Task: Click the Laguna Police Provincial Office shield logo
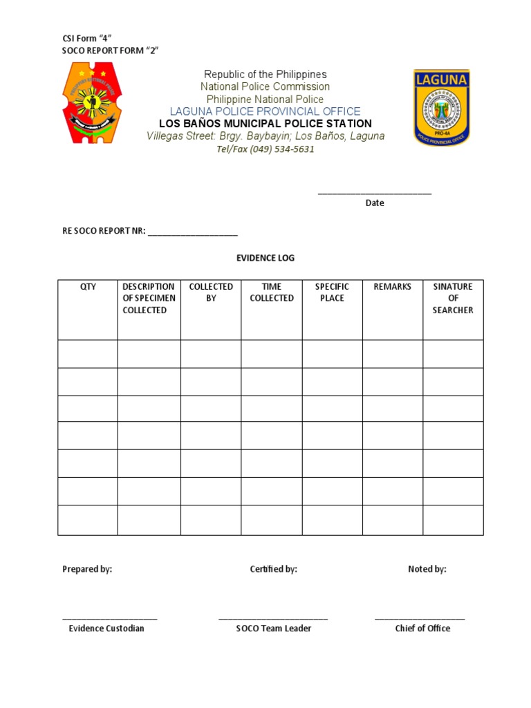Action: (441, 107)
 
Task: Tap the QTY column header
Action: (88, 287)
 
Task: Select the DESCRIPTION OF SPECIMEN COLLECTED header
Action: (149, 298)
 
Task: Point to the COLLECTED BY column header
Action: (211, 292)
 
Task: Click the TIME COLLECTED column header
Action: (272, 292)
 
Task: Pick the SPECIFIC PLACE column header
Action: (332, 292)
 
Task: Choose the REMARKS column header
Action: (392, 287)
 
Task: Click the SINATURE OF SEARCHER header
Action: (453, 298)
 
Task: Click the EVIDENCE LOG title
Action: (265, 258)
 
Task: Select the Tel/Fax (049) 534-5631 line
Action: (265, 149)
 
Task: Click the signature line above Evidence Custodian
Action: (109, 619)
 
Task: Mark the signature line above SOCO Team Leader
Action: (273, 619)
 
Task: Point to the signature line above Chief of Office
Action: (420, 619)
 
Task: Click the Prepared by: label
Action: (87, 569)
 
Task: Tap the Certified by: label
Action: (273, 569)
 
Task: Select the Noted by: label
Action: (427, 569)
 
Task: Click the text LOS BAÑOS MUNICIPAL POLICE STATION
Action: (265, 124)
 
